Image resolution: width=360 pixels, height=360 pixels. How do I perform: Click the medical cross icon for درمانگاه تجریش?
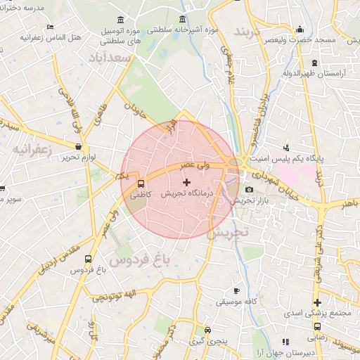pyautogui.click(x=186, y=183)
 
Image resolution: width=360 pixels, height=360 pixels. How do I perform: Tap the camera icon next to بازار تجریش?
pyautogui.click(x=249, y=190)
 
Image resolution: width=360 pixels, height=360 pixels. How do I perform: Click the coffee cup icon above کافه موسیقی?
pyautogui.click(x=236, y=290)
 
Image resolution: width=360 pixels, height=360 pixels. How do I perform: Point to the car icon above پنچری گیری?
pyautogui.click(x=207, y=330)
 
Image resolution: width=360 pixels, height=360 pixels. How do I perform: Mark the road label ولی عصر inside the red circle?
pyautogui.click(x=195, y=167)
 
